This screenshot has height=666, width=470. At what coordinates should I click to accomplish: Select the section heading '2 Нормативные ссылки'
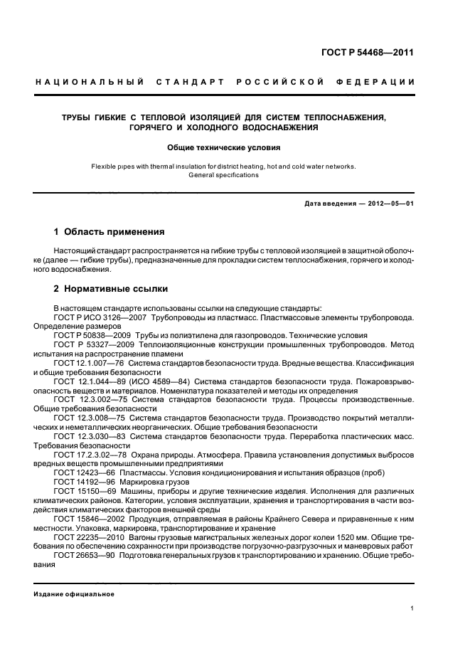click(111, 289)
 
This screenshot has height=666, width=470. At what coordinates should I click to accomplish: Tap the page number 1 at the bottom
click(412, 608)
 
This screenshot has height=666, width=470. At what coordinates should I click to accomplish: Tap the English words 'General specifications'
click(223, 175)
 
